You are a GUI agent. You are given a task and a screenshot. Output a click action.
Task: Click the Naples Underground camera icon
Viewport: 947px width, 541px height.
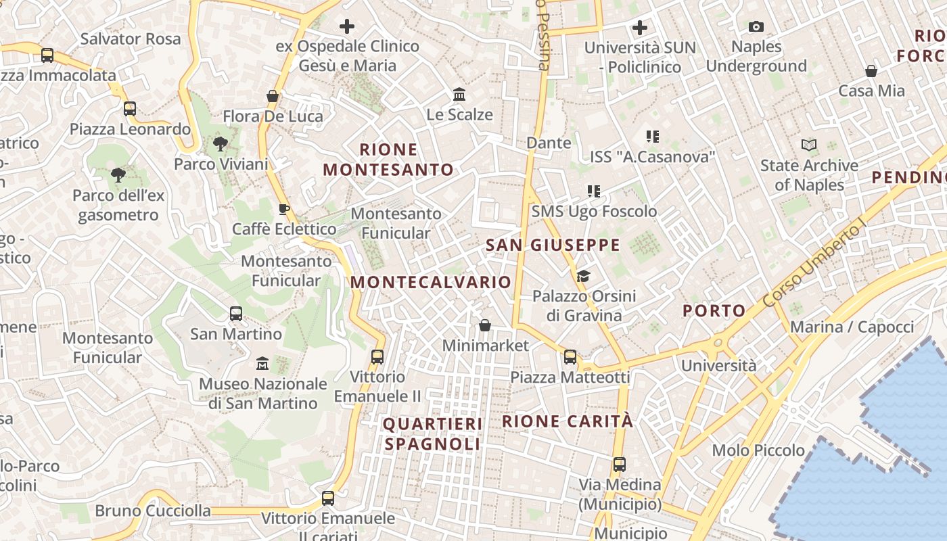coord(756,27)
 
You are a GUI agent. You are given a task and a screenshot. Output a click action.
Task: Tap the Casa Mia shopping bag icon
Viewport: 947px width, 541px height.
coord(871,71)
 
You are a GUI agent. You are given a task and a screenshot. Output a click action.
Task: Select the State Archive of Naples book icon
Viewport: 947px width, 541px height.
coord(809,145)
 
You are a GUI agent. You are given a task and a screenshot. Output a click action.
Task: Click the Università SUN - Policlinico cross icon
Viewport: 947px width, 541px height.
coord(640,28)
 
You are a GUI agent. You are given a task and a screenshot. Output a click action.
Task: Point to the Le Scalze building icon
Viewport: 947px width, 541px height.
coord(459,94)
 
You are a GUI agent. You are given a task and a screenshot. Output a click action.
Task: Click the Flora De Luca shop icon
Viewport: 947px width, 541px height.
coord(273,96)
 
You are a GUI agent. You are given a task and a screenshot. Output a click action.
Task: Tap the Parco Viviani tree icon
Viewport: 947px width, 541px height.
coord(220,143)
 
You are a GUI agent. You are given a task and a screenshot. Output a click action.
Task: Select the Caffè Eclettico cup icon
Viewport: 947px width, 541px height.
coord(283,208)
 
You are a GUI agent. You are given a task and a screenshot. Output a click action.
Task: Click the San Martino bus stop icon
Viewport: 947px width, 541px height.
coord(236,314)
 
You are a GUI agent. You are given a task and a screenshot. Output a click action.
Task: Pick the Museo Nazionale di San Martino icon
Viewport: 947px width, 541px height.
coord(262,364)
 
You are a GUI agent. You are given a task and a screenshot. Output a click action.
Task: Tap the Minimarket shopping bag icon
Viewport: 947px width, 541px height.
coord(485,326)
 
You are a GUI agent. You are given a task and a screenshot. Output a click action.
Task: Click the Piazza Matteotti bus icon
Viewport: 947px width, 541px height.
coord(570,357)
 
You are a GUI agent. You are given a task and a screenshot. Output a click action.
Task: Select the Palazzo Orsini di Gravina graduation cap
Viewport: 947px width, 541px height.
coord(583,276)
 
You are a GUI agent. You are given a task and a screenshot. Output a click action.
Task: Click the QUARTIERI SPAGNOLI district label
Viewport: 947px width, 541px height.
coord(433,433)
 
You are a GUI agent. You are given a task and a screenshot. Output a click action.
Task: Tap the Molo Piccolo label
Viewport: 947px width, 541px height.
coord(758,450)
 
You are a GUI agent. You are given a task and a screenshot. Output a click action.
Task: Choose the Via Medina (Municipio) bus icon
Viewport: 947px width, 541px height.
coord(620,465)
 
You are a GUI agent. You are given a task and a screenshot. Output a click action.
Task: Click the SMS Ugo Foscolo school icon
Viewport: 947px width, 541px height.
coord(594,191)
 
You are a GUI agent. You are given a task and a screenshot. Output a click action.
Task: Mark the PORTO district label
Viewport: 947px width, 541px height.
coord(714,311)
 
